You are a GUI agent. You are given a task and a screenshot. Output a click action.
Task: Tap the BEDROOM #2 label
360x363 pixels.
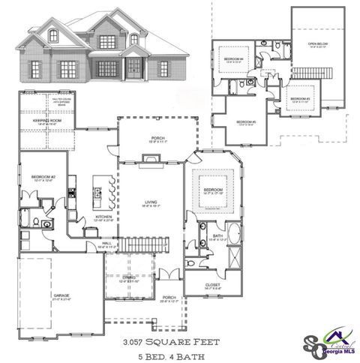[40, 176]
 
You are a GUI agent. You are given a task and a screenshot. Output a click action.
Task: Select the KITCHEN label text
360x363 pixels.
[103, 217]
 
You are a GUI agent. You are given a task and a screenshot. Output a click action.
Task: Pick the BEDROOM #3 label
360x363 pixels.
[300, 99]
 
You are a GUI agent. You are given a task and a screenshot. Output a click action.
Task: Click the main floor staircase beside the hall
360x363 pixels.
[137, 244]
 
